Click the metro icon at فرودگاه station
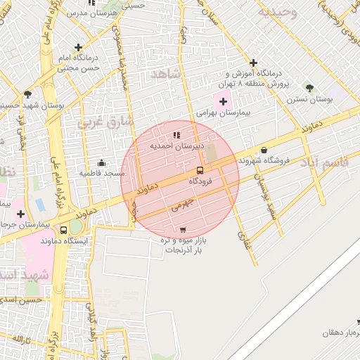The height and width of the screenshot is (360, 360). [x=200, y=170]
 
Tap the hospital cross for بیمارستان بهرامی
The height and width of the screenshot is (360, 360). [x=224, y=102]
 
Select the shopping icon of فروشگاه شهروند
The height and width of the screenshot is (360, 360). [x=264, y=150]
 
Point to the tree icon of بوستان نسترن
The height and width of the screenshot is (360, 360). [x=309, y=88]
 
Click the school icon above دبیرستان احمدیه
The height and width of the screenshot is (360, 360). [x=176, y=134]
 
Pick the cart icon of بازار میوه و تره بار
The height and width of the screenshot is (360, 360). [x=183, y=230]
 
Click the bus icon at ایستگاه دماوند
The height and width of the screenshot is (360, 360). [x=64, y=230]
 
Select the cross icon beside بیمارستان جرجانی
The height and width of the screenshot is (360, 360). [x=20, y=214]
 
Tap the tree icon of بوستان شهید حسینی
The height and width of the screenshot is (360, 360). [x=27, y=94]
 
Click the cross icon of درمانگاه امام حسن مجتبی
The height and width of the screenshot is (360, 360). [x=88, y=47]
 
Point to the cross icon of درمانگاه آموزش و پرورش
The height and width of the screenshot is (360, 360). [x=254, y=63]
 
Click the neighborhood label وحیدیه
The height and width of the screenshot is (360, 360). [x=277, y=12]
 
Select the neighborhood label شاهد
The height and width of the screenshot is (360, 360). [x=166, y=74]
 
